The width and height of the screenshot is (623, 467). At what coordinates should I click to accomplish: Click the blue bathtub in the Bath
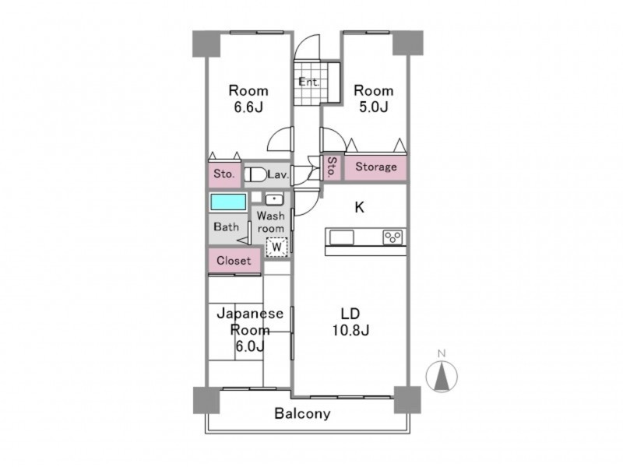(x=228, y=202)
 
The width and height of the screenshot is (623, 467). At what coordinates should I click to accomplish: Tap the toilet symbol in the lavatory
(x=255, y=174)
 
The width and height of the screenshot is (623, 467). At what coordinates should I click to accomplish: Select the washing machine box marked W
(x=276, y=247)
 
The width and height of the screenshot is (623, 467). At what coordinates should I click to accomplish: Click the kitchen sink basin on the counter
(x=341, y=237)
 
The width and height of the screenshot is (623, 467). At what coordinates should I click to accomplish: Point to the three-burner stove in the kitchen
(x=392, y=237)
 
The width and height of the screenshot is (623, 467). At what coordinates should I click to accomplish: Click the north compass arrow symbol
(x=442, y=376)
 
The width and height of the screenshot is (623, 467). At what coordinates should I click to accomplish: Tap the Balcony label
(x=302, y=413)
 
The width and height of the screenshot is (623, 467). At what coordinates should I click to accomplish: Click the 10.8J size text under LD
(x=351, y=330)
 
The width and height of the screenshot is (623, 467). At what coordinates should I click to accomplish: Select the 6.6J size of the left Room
(x=248, y=107)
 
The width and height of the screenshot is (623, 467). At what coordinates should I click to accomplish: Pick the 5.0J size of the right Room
(x=374, y=107)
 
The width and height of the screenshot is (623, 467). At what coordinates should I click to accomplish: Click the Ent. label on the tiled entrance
(x=308, y=83)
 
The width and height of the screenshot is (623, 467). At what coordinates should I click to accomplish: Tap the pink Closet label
(x=234, y=261)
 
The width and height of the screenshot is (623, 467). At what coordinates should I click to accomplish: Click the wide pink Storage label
(x=376, y=167)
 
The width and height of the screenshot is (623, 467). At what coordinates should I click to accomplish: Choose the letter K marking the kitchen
(x=359, y=207)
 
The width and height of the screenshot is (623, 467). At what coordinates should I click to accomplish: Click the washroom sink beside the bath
(x=274, y=199)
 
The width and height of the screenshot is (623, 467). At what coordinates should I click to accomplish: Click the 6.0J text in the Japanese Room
(x=249, y=346)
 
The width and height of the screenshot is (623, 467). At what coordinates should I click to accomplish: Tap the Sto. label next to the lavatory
(x=224, y=174)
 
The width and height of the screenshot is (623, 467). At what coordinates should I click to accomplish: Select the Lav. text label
(x=278, y=174)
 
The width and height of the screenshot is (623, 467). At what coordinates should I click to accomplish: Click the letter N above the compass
(x=441, y=353)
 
